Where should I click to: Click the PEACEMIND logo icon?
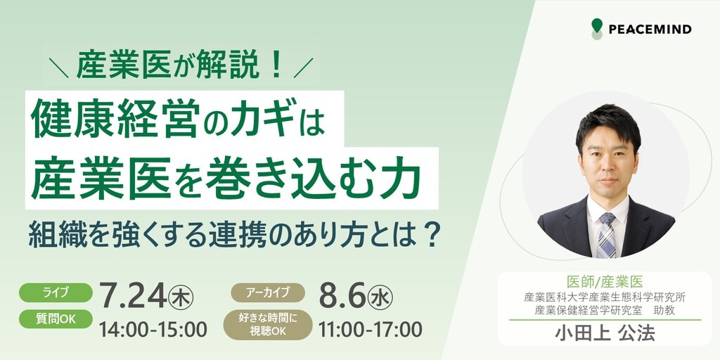coord(596,29)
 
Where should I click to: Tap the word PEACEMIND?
coord(650,30)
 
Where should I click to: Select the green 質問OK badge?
coord(56,319)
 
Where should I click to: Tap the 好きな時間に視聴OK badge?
coord(268,323)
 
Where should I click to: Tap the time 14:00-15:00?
coord(153,329)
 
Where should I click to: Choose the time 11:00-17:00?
coord(370,329)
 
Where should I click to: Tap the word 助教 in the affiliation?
coord(664,310)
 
